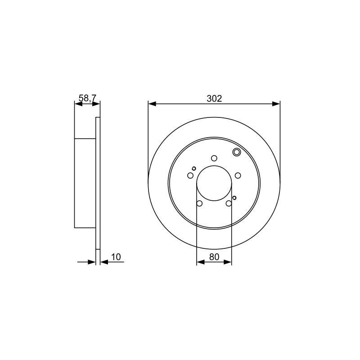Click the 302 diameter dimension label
pos(214,99)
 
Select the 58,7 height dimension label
pos(87,98)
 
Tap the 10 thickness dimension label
pos(116,257)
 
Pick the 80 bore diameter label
pos(214,257)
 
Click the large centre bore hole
pos(214,183)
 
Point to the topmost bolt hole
pos(214,158)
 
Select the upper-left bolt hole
pos(190,175)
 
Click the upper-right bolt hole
pos(238,175)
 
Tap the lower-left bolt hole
pos(199,203)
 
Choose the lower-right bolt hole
pos(229,203)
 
